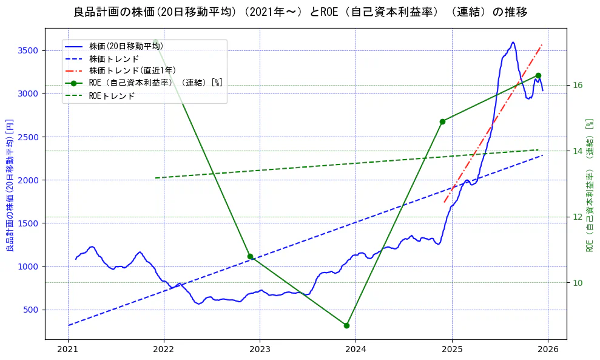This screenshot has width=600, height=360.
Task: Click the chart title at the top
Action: (300, 12)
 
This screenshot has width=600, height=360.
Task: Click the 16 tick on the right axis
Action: (578, 85)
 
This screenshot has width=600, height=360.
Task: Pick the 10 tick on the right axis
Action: (578, 283)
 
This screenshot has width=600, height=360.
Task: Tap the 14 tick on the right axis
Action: (578, 151)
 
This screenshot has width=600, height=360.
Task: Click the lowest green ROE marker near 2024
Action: (346, 325)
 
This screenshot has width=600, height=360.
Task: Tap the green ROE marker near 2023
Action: (250, 256)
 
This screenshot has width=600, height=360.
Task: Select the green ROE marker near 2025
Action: (442, 121)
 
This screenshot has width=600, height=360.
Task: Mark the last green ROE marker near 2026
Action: (538, 75)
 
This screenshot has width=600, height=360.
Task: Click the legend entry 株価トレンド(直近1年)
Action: (132, 70)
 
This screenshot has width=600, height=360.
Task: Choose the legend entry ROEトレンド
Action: (112, 96)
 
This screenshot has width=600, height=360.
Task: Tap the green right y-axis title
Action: (589, 185)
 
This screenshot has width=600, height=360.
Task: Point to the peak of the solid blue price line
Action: (513, 42)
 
